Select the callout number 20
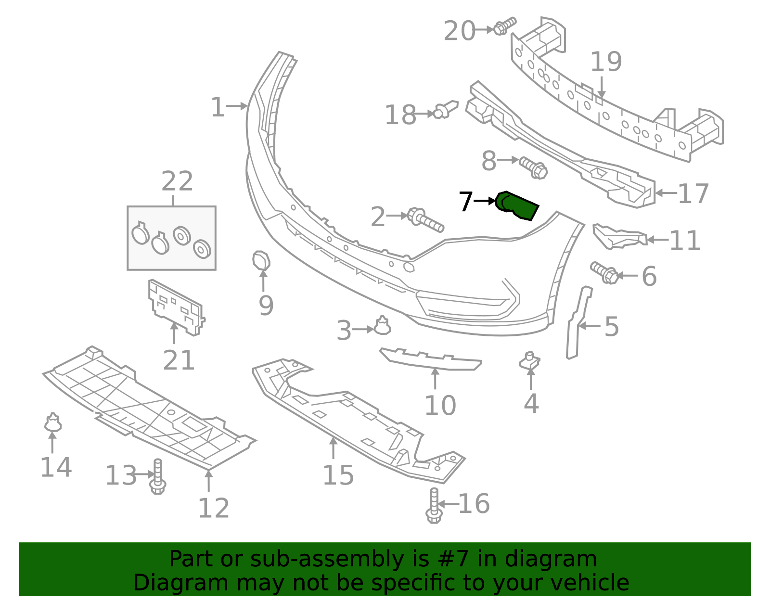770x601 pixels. (x=459, y=31)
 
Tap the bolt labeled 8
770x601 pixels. (x=534, y=168)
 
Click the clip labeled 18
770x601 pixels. (x=446, y=109)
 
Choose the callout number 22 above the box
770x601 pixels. (x=177, y=181)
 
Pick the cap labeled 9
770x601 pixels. (x=261, y=261)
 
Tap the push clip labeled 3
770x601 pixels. (x=382, y=326)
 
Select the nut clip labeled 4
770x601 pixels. (x=530, y=361)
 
